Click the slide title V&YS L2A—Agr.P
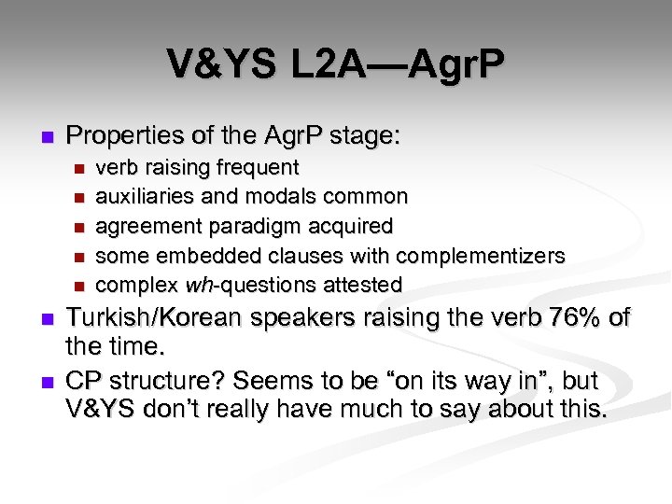pyautogui.click(x=336, y=64)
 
